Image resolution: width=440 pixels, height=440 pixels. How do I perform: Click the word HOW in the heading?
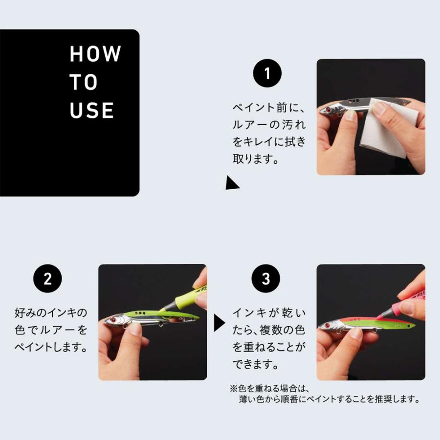click(x=95, y=54)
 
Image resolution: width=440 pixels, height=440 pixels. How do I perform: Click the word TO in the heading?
click(x=84, y=83)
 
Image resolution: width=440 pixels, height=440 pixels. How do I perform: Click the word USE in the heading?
click(x=92, y=111)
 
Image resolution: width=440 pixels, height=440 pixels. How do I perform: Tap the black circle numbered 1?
click(x=267, y=74)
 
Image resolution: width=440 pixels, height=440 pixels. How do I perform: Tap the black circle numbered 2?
click(x=47, y=279)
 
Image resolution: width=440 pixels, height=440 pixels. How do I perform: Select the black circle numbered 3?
click(x=266, y=279)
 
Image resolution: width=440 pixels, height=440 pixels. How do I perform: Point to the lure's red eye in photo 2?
click(x=112, y=320)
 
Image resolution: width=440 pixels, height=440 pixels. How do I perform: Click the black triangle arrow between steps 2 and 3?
click(x=220, y=323)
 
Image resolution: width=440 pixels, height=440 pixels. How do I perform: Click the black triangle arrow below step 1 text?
click(x=231, y=183)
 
